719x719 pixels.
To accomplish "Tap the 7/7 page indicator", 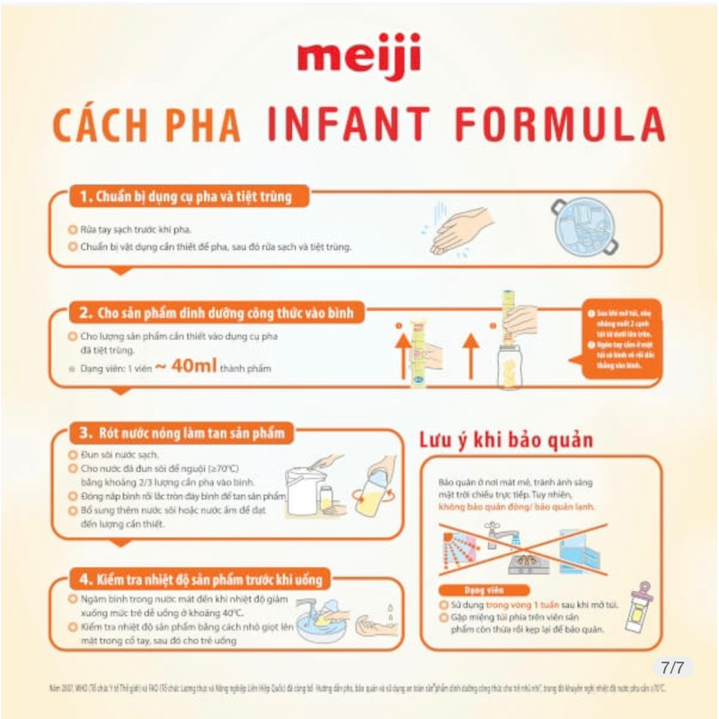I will click(x=672, y=668).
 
